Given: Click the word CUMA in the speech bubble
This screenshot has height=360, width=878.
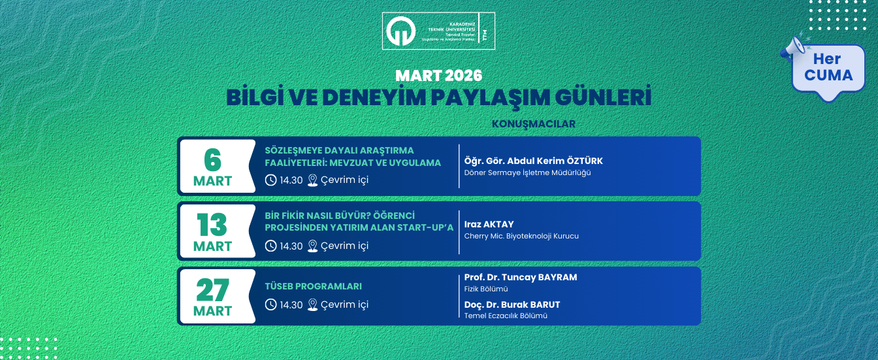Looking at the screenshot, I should pos(828,75).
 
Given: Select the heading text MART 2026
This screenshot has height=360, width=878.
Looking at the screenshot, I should pos(438,75).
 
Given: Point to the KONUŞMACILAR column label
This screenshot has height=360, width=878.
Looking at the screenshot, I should pos(533,123).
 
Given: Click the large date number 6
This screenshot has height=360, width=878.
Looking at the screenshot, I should pos(213,159).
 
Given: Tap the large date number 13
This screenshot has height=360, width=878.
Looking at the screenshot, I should pos(213,225).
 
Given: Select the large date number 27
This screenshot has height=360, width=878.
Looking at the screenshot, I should pos(213,289).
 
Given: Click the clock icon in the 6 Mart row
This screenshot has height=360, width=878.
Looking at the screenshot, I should pos(270,180).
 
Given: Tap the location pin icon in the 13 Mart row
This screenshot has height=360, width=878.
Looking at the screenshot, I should pos(312,246).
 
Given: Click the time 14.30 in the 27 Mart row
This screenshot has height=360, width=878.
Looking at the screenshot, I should pos(291,304).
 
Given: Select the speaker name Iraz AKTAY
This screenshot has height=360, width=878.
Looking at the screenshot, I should pos(489,224).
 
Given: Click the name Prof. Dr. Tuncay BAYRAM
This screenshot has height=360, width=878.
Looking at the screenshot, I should pos(521,277).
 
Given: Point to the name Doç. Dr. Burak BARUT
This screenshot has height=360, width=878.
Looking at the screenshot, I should pos(512,304).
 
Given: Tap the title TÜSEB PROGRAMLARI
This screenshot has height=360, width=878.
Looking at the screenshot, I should pos(314,286).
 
